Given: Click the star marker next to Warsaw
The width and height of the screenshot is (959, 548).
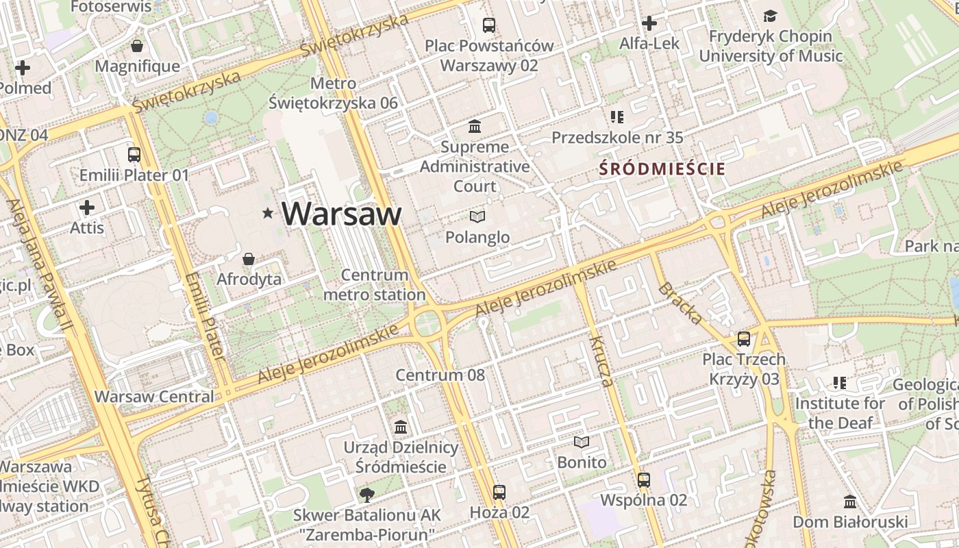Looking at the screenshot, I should coord(268,214).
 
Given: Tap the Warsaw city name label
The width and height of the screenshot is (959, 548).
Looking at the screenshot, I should coord(341,214).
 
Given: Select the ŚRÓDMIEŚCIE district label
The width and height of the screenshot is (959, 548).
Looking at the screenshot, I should coord(662,169).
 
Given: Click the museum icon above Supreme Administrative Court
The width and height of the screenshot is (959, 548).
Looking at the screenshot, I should coord(475,127).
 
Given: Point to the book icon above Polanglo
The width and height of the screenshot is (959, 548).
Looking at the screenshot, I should coord(477,217).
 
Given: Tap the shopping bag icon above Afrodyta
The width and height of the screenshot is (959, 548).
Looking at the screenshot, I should coord(249,259).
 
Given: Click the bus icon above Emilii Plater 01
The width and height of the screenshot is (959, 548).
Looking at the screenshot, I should coord(134,155).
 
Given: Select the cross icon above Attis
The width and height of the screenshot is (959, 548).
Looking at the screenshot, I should coord(87,208).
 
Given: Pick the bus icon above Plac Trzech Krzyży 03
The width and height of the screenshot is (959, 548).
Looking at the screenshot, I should coord(744,339).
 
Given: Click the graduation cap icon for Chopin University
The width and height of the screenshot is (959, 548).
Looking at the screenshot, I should coord(771,16).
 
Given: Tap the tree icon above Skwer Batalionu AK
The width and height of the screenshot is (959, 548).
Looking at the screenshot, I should coord(367,495).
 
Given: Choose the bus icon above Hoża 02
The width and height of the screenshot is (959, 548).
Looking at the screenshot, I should coord(499,493).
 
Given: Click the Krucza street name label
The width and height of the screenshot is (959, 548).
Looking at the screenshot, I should coord(601,362).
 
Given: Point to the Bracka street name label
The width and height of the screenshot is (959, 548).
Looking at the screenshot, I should coord(680,303).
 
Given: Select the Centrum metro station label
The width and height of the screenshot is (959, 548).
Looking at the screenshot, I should coord(374,285).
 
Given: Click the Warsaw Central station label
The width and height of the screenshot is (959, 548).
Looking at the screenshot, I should coord(154,397).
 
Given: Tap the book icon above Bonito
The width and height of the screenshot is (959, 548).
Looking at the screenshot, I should coord(582,443).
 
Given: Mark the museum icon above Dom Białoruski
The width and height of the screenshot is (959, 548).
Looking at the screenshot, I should coord(850,502).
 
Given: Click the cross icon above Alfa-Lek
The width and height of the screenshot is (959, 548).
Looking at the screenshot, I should coord(649,24).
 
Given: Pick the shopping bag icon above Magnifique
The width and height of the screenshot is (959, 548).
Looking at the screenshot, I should coord(137,47).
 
